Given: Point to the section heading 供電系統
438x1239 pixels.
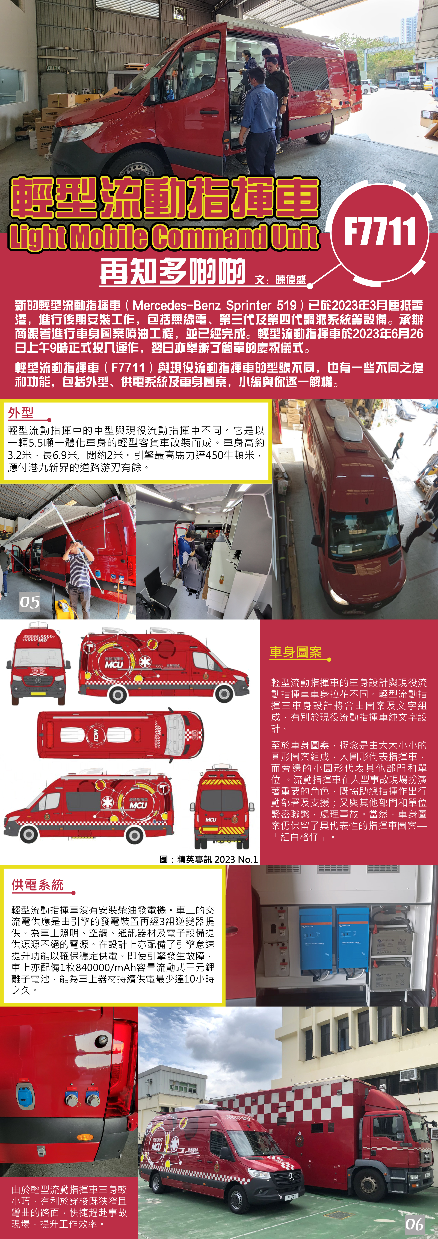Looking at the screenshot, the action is point(37,885).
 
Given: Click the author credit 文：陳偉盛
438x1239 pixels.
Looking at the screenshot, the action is point(280,280).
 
